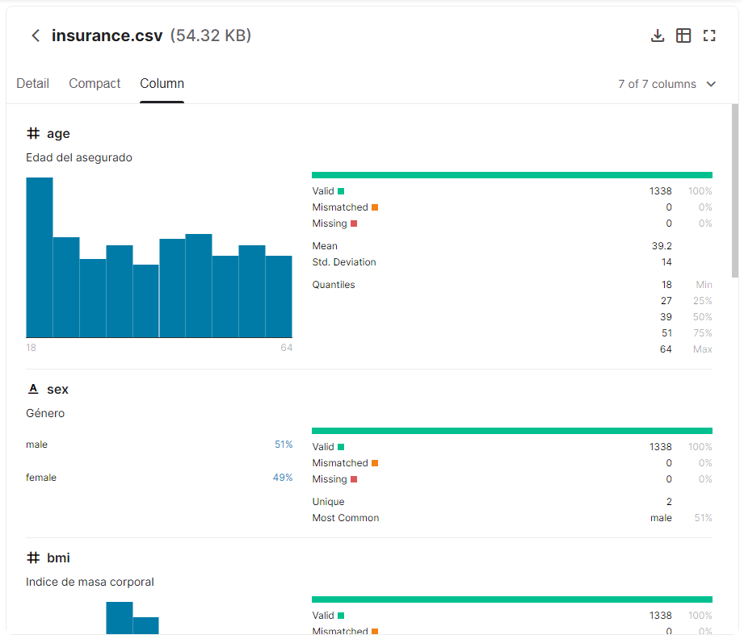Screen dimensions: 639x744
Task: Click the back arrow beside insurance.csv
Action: (36, 35)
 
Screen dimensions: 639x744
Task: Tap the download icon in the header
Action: (658, 35)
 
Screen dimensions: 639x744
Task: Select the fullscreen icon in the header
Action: (709, 35)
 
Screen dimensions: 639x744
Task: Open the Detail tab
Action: (32, 84)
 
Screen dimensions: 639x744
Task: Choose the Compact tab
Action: (95, 84)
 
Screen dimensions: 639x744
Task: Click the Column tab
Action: (162, 84)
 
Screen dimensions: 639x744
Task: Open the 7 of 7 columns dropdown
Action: (667, 84)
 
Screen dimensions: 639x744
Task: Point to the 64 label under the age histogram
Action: (286, 348)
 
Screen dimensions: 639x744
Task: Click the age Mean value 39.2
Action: (662, 246)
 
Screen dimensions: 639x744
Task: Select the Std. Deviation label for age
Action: (344, 262)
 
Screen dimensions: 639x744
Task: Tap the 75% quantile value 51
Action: (666, 333)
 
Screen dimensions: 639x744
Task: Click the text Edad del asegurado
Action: (79, 158)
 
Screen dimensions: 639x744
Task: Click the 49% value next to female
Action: (283, 478)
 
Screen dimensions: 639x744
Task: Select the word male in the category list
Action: (37, 445)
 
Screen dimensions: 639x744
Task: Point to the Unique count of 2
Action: (669, 502)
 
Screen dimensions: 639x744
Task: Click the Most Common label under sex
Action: (346, 518)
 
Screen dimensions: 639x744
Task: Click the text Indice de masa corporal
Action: (90, 583)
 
